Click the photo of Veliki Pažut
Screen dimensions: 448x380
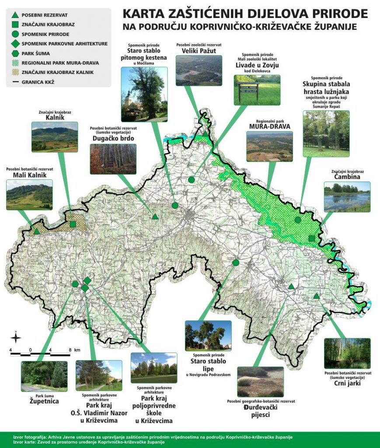click(x=199, y=70)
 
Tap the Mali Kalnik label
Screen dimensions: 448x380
click(x=29, y=175)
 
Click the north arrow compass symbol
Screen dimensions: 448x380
click(x=16, y=337)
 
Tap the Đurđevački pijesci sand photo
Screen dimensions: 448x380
click(x=260, y=381)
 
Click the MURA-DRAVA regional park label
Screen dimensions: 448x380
click(x=270, y=126)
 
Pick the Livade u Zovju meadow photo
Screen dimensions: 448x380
click(x=257, y=90)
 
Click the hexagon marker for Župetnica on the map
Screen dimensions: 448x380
click(x=75, y=284)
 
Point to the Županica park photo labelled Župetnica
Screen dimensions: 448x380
click(x=44, y=375)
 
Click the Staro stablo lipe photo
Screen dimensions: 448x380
click(x=208, y=335)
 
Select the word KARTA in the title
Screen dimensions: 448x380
click(x=140, y=14)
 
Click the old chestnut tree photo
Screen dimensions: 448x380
click(x=143, y=94)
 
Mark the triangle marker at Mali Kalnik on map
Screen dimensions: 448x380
click(x=37, y=231)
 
